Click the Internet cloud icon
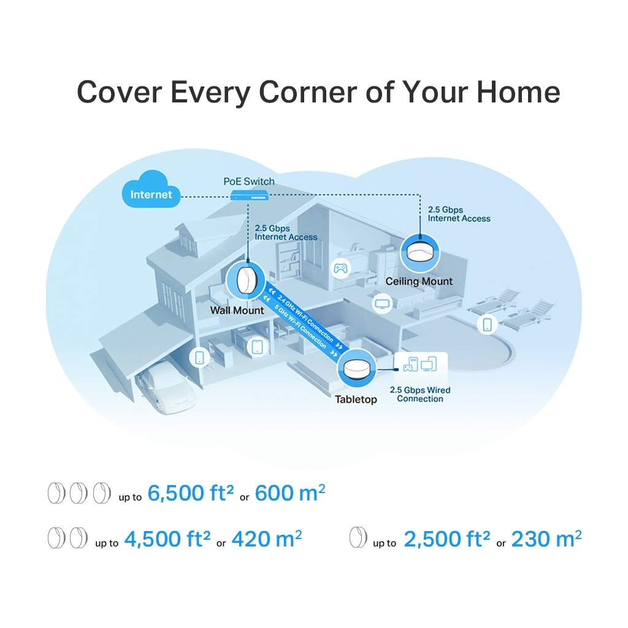(x=151, y=190)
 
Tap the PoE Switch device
(x=250, y=195)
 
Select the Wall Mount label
(x=237, y=310)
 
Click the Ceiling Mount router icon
(x=419, y=253)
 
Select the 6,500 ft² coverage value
(x=191, y=492)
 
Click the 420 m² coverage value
(x=267, y=538)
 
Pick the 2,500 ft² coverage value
(x=446, y=538)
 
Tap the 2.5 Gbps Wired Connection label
(x=420, y=394)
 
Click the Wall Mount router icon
(x=245, y=280)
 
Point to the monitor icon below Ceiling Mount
(x=382, y=303)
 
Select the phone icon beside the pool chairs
(x=488, y=324)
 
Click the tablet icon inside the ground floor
(x=257, y=347)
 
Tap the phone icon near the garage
(x=199, y=358)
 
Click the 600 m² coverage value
(x=290, y=492)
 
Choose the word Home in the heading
(x=518, y=92)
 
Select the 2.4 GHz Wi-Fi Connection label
(x=305, y=319)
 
